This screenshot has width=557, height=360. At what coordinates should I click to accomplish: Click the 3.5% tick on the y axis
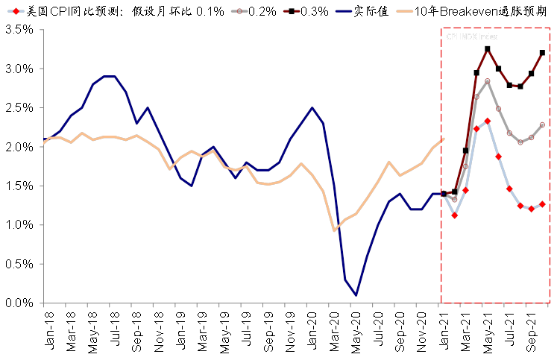(x=18, y=29)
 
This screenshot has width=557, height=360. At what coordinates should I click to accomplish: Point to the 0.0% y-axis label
(x=18, y=303)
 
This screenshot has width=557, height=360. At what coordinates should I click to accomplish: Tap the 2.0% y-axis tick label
(x=18, y=147)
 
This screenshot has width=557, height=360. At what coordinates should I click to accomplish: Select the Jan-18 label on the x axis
(x=43, y=328)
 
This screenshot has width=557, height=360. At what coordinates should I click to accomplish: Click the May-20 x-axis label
(x=356, y=328)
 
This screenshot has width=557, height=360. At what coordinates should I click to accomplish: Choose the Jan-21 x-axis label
(x=444, y=328)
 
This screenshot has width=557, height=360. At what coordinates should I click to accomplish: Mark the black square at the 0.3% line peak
(x=487, y=49)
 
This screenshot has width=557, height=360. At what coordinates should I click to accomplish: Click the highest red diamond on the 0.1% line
(x=487, y=121)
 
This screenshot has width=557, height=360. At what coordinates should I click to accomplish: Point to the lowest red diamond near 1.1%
(x=455, y=215)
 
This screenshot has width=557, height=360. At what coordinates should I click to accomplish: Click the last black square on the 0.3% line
(x=542, y=53)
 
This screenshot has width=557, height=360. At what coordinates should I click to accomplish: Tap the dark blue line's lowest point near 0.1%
(x=356, y=295)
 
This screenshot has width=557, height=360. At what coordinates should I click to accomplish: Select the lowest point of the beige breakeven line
(x=334, y=230)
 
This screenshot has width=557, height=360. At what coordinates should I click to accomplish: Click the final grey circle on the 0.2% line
(x=542, y=124)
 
